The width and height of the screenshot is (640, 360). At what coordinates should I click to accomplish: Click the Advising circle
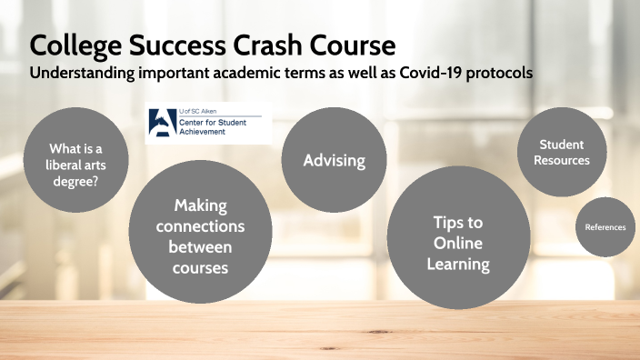[334, 160]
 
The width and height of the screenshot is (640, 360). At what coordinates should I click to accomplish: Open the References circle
[605, 226]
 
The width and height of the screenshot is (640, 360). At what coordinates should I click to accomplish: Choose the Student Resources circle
[561, 152]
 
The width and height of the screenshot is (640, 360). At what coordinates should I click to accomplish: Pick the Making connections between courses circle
[201, 236]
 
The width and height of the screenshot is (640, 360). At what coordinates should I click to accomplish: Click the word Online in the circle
[457, 243]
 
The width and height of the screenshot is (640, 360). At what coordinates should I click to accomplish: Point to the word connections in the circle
[200, 225]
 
